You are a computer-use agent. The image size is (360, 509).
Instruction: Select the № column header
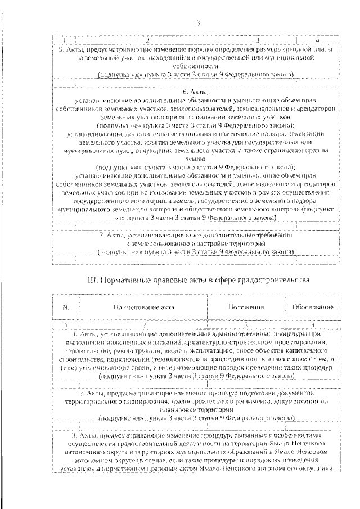tap(66, 308)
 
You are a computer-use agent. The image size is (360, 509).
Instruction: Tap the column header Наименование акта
tap(144, 308)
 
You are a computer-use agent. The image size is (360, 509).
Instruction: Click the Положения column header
tap(246, 308)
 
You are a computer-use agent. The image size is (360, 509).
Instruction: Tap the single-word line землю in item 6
tap(195, 159)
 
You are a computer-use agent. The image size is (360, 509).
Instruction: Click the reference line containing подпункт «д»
tap(195, 74)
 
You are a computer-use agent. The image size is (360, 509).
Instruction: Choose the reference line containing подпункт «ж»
tap(195, 167)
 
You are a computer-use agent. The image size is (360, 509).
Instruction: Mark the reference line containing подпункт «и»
tap(195, 253)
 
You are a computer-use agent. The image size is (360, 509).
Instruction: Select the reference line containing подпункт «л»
tap(195, 418)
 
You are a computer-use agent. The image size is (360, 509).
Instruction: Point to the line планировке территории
tap(195, 410)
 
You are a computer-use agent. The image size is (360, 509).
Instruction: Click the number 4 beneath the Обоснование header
tap(313, 325)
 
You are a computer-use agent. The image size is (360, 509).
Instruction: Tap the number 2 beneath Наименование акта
tap(144, 325)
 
